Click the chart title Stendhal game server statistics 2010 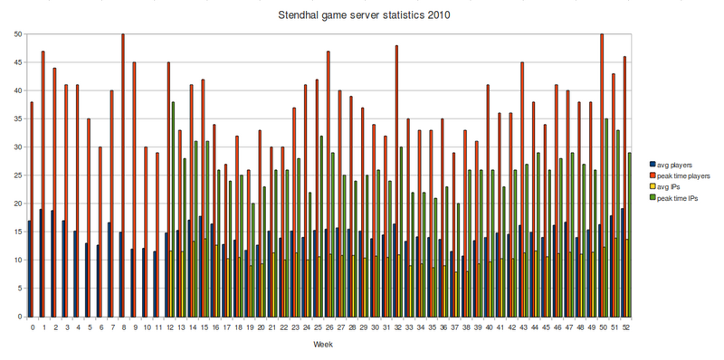362,15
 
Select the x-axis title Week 323,345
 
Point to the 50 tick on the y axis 18,34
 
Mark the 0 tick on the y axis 21,317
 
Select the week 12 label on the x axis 168,326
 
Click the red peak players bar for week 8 123,175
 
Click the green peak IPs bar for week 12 174,209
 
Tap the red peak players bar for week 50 602,175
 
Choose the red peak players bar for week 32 396,181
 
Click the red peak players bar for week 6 100,232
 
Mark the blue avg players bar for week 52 621,262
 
